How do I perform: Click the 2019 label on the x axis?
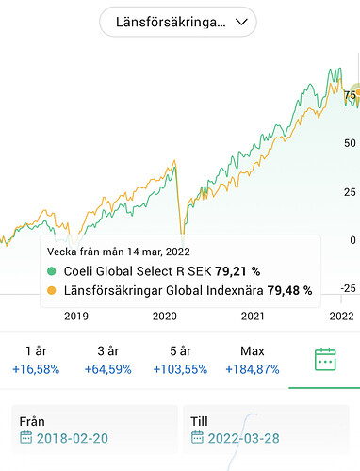[76, 317]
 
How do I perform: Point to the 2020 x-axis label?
[165, 317]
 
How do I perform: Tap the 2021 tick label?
[253, 317]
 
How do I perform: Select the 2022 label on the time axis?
[339, 317]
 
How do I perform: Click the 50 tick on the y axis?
[351, 143]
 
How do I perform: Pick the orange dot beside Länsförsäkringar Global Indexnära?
[51, 290]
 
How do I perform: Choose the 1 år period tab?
[36, 361]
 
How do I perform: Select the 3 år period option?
[107, 361]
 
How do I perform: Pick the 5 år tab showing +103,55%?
[179, 361]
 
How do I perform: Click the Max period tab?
[253, 361]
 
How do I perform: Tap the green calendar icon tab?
[325, 360]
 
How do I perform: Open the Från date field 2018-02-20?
[94, 430]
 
